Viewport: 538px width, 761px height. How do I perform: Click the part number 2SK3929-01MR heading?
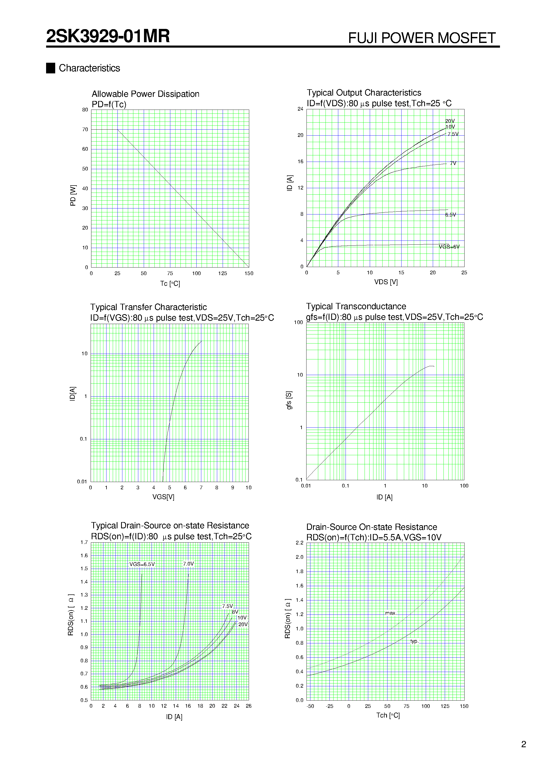click(108, 36)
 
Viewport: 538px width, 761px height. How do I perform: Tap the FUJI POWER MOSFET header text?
click(422, 38)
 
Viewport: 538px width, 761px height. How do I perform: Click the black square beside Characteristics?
click(51, 68)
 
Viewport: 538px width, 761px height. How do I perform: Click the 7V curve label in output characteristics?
click(453, 163)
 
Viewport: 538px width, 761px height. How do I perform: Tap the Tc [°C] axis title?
click(170, 283)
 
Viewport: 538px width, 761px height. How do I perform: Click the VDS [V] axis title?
click(386, 282)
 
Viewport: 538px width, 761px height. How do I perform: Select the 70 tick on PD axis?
click(85, 130)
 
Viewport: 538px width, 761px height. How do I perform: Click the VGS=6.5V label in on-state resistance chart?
click(142, 564)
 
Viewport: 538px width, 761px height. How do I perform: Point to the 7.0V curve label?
click(188, 564)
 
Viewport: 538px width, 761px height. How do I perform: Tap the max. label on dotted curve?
click(390, 613)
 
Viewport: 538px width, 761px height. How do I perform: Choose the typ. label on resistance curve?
click(414, 641)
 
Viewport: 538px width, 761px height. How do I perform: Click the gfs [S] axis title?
click(289, 400)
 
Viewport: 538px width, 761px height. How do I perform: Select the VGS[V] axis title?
click(163, 497)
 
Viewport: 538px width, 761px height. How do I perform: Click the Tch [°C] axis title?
click(388, 715)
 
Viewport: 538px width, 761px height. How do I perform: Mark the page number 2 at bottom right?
click(523, 744)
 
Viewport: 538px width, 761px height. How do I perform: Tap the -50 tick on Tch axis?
click(310, 706)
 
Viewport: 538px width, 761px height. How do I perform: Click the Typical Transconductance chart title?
click(356, 306)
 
